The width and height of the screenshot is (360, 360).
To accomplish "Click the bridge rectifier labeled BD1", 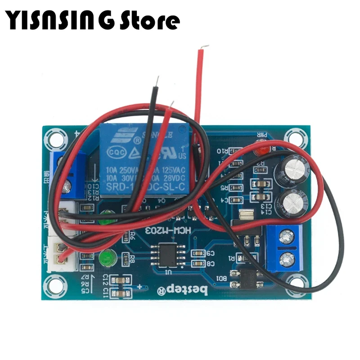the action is click(x=246, y=279).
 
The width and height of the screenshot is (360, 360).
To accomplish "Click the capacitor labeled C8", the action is click(x=198, y=263).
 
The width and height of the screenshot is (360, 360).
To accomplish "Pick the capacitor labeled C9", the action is click(x=198, y=253).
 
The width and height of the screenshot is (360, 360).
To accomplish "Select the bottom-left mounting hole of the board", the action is click(x=53, y=284).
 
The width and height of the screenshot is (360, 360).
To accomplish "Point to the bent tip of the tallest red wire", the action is click(x=205, y=47).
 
